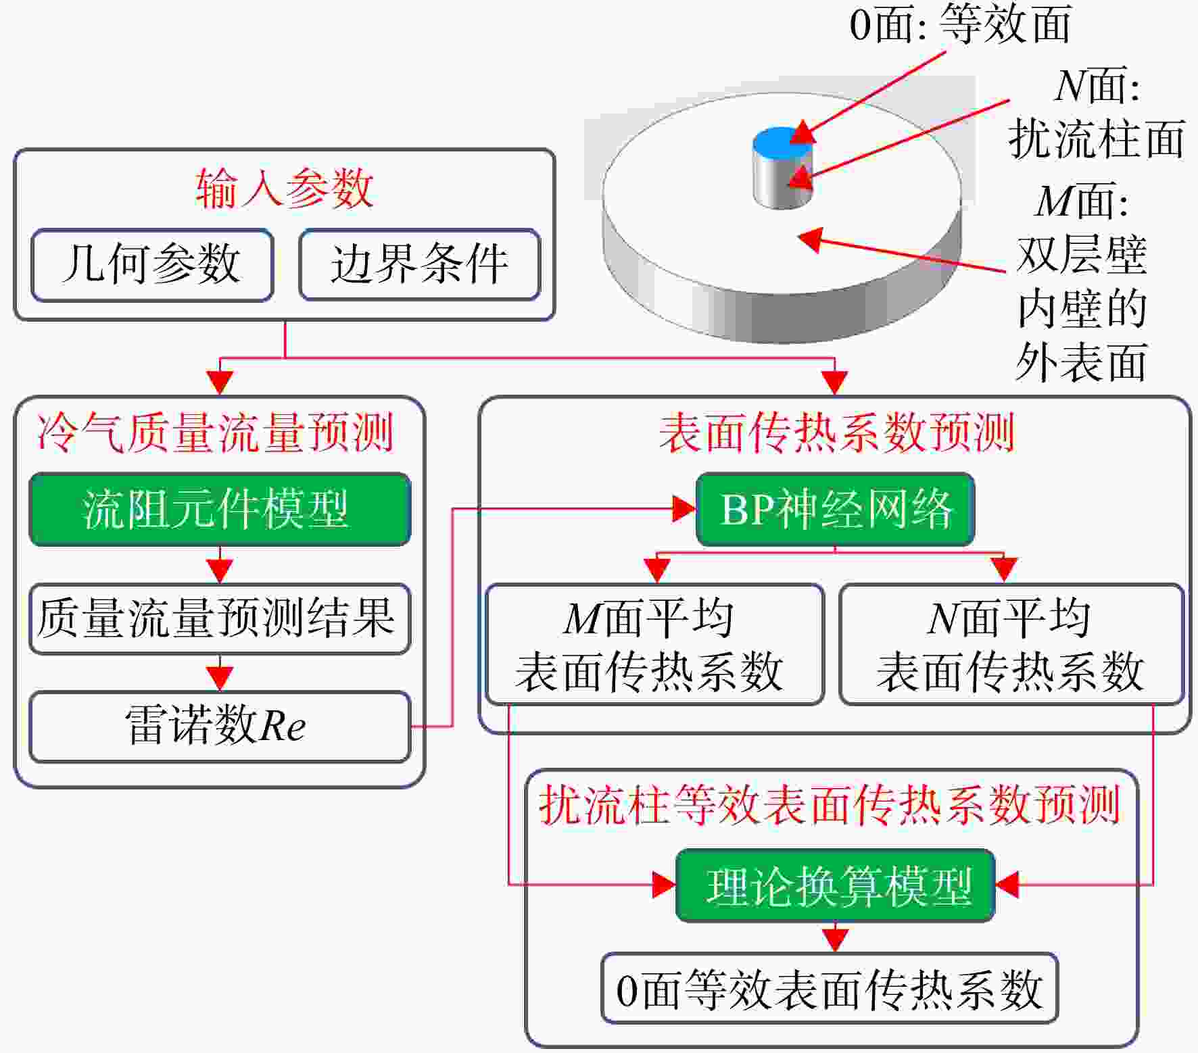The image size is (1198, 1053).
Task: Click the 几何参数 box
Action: point(152,264)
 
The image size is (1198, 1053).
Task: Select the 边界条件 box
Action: point(420,264)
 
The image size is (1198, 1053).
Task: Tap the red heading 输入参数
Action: point(285,188)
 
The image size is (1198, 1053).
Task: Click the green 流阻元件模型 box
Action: point(220,509)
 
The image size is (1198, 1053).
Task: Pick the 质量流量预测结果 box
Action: point(220,618)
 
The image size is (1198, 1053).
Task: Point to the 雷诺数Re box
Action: point(220,727)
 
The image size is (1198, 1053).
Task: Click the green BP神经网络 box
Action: point(835,509)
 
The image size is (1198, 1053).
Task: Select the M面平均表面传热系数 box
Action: point(654,644)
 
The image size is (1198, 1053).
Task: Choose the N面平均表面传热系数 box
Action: point(1011,644)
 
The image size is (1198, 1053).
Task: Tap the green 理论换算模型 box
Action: point(836,885)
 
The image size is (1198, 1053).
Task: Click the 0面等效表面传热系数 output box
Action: point(830,988)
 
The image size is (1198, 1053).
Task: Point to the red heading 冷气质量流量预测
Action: point(216,433)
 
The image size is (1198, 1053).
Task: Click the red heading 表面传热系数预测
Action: point(837,433)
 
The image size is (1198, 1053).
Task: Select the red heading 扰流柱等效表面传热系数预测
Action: point(830,805)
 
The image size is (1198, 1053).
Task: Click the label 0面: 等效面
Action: point(960,24)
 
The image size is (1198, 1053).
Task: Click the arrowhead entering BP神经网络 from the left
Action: point(684,509)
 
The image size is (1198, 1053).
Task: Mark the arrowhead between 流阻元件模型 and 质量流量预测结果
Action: point(220,570)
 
